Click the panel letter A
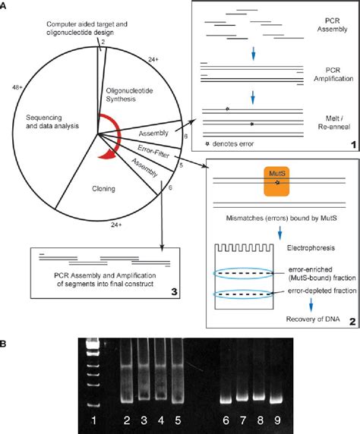[7, 6]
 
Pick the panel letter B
[7, 322]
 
